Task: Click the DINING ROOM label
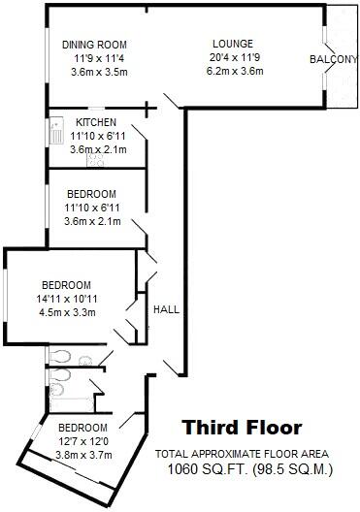pos(94,46)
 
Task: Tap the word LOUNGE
pos(234,44)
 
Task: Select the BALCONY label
pos(333,60)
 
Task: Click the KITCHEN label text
pos(96,122)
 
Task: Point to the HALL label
pos(165,309)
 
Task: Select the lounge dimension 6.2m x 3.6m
pos(235,71)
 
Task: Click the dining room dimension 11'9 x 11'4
pos(94,58)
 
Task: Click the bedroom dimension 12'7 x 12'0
pos(82,441)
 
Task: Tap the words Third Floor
pos(243,428)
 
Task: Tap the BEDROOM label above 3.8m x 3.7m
pos(82,428)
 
